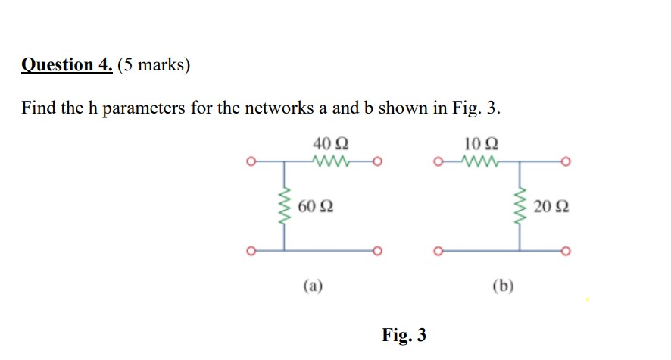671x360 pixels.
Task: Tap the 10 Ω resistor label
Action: point(482,144)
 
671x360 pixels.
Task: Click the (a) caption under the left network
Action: point(312,286)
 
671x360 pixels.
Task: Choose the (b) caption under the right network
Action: point(502,286)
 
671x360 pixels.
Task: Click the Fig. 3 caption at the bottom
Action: point(404,334)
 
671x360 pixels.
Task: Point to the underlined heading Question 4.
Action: point(67,65)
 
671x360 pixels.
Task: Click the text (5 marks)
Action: point(154,65)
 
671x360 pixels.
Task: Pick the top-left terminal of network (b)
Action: point(436,161)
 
